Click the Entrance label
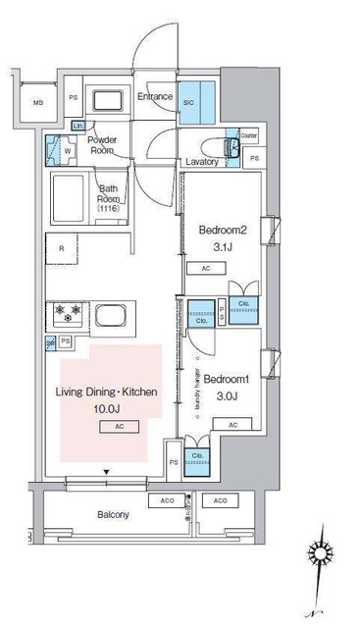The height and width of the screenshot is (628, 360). pos(155,96)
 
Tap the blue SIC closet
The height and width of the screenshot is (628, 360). pos(195,106)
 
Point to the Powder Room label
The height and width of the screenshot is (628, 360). pos(104,144)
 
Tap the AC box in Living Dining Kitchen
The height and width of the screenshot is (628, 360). pos(119,427)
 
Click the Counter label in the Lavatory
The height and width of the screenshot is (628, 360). pos(247,135)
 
